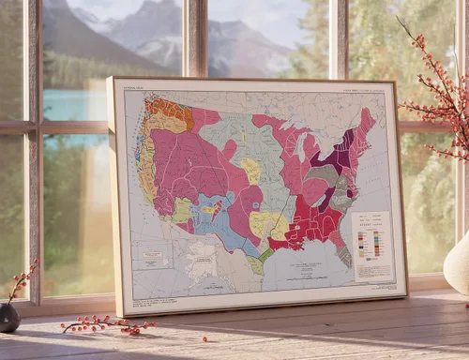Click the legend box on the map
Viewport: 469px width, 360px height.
(x=372, y=246)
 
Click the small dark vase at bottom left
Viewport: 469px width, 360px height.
(x=8, y=317)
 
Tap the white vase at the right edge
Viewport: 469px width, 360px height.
(x=458, y=265)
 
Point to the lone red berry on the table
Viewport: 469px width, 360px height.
(x=204, y=338)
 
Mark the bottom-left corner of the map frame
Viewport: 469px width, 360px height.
(x=119, y=314)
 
